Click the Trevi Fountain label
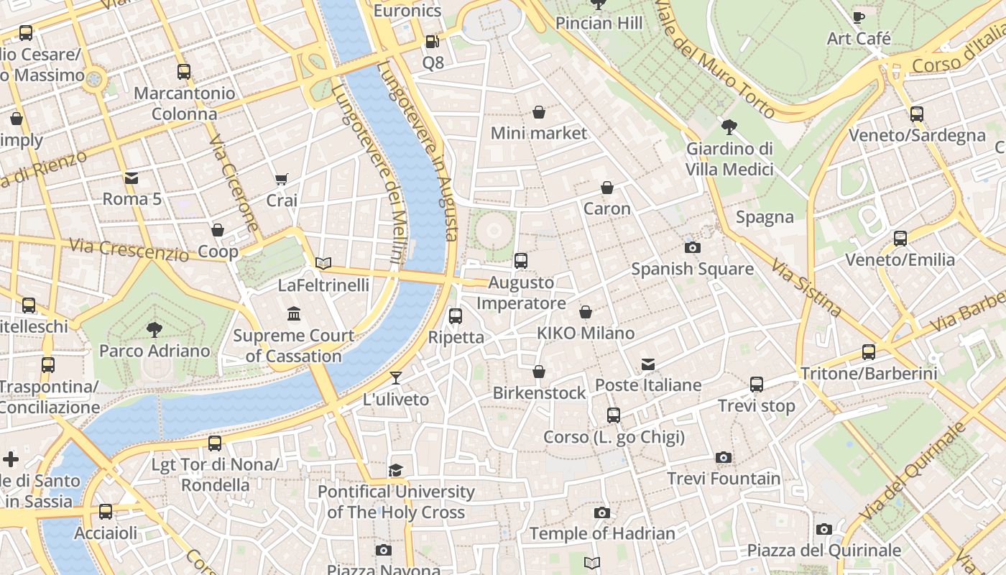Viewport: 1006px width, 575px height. click(x=724, y=478)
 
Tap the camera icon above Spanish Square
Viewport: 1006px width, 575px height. click(x=693, y=248)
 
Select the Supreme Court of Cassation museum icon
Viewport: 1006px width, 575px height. click(x=294, y=314)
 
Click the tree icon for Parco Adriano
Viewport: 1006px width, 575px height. click(x=154, y=330)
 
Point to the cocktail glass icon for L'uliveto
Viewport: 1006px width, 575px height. click(x=396, y=378)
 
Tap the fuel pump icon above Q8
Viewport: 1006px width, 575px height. click(x=432, y=42)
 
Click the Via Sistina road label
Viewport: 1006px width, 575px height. click(x=806, y=287)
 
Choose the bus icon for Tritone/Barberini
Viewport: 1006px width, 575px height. click(x=869, y=352)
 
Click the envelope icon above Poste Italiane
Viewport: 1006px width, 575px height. click(x=648, y=364)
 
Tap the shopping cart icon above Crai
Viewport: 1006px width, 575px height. click(x=282, y=179)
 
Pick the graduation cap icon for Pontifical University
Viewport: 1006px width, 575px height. click(x=396, y=471)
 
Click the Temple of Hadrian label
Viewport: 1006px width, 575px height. click(x=602, y=533)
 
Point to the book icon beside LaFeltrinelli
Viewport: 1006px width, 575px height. click(x=323, y=264)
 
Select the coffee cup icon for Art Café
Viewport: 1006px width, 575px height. click(x=858, y=17)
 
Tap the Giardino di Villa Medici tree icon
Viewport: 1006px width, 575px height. click(x=729, y=128)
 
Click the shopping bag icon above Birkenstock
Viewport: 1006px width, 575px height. click(x=539, y=372)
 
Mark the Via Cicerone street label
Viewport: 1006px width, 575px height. click(x=234, y=184)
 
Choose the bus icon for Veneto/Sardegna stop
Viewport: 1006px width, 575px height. click(x=917, y=114)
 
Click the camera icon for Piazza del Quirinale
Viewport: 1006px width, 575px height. click(x=824, y=530)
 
